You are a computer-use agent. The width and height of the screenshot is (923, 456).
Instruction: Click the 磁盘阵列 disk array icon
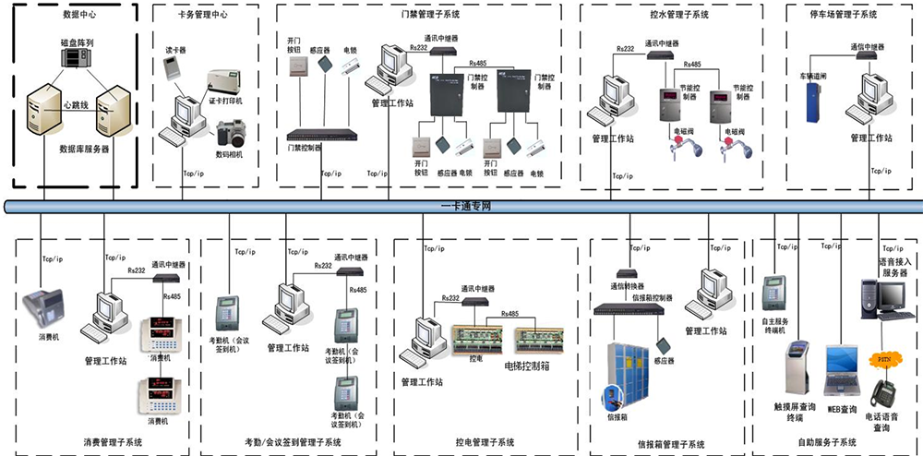(x=77, y=56)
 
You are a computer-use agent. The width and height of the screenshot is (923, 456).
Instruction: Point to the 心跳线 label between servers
(x=77, y=105)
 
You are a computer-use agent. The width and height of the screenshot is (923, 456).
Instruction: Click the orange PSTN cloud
(x=883, y=357)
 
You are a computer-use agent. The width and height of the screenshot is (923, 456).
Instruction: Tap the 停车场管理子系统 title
(x=844, y=15)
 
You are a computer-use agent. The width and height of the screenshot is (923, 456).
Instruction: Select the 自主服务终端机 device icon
(x=775, y=294)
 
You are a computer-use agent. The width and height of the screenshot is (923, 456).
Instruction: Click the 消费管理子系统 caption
(x=113, y=442)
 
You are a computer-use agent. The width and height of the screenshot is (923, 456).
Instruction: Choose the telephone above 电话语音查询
(x=881, y=393)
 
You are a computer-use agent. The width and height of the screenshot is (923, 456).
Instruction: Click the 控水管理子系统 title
(x=671, y=15)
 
